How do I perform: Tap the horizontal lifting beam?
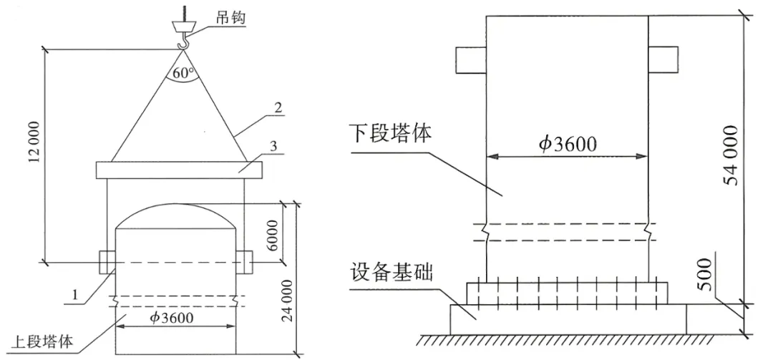[x=179, y=170]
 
